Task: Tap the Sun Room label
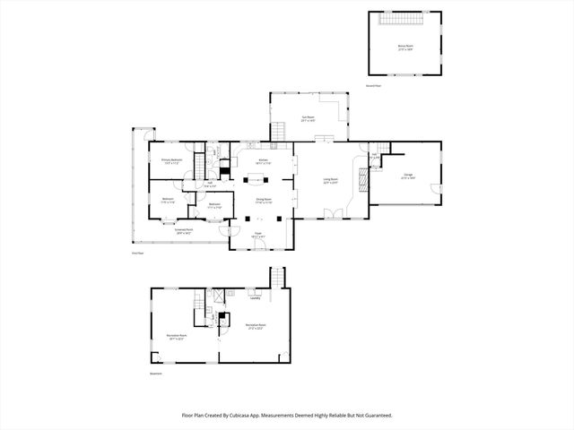[x=308, y=118]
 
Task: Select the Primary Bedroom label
[x=172, y=161]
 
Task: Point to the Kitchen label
[x=264, y=161]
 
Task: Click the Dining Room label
[x=264, y=201]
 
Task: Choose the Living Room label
[x=330, y=181]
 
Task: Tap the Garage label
[x=408, y=176]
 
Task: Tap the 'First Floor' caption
[x=137, y=254]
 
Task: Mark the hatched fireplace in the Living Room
[x=362, y=180]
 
